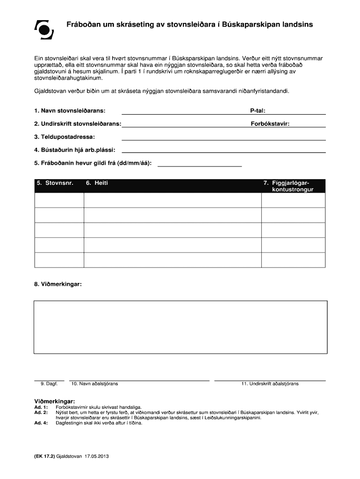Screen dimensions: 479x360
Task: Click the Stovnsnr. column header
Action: click(55, 183)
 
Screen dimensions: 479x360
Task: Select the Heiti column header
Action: click(97, 183)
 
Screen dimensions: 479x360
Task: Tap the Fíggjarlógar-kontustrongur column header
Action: click(288, 186)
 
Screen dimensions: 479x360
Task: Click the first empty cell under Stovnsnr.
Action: click(59, 200)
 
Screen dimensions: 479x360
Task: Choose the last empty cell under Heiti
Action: click(173, 260)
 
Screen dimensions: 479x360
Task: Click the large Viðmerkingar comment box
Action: click(180, 327)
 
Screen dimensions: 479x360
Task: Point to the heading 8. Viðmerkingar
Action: click(58, 284)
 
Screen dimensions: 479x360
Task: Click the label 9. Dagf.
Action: click(49, 384)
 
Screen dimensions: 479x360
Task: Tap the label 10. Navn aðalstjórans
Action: click(94, 384)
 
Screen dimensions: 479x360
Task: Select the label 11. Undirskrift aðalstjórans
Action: click(270, 384)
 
